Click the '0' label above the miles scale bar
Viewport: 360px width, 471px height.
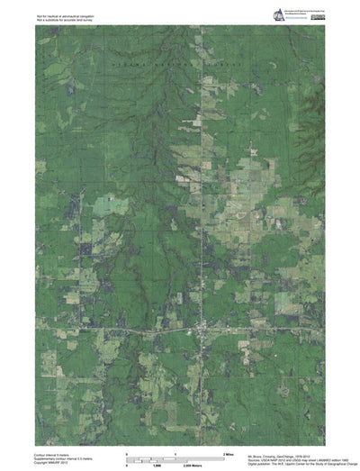127,454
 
